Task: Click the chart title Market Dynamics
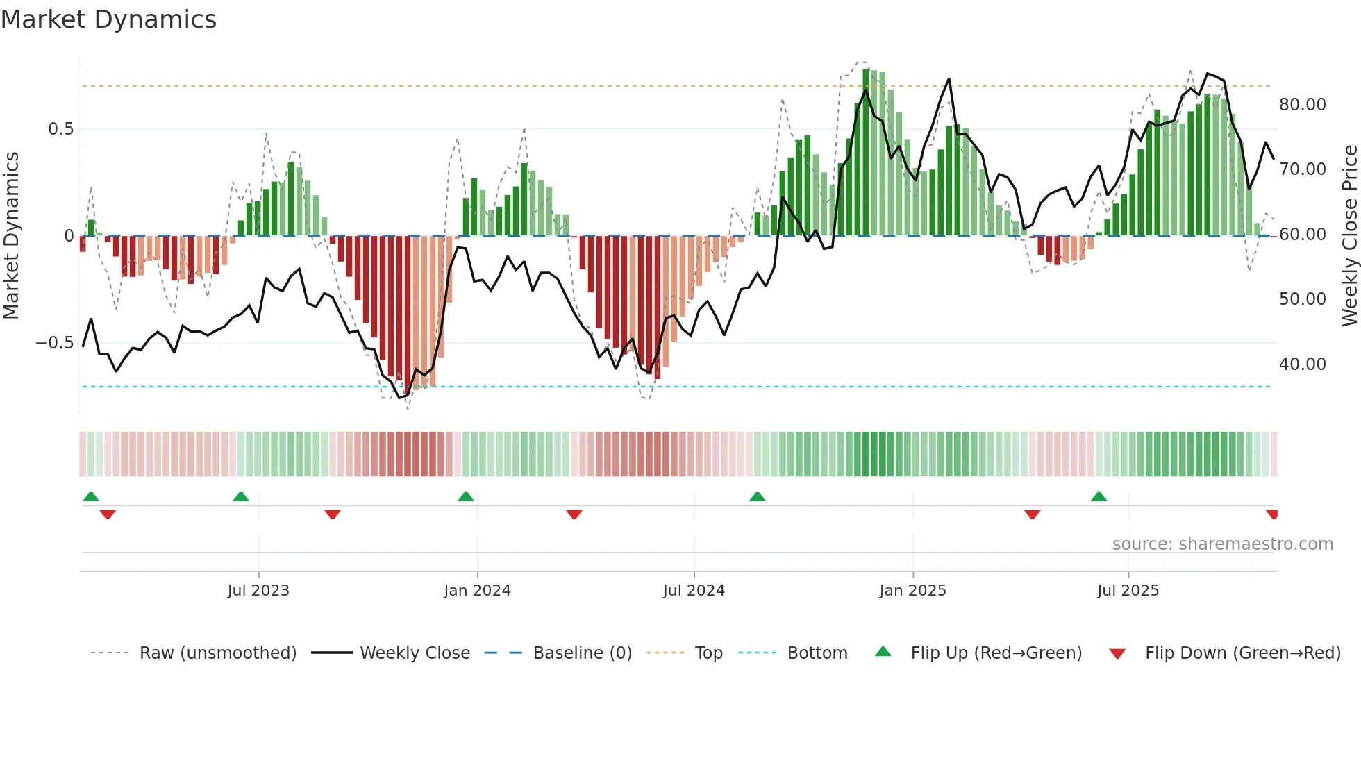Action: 108,19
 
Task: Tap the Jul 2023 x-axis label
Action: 258,591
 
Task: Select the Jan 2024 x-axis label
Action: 477,591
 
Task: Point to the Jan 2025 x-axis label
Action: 912,591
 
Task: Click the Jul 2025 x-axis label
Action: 1128,591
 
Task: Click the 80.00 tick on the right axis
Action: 1302,105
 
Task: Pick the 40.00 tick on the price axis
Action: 1302,364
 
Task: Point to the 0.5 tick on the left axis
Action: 60,129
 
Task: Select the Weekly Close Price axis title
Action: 1349,235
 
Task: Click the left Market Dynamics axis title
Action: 11,235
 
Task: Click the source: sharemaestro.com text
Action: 1222,544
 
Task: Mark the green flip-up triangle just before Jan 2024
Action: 466,497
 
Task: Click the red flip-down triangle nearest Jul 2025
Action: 1032,514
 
